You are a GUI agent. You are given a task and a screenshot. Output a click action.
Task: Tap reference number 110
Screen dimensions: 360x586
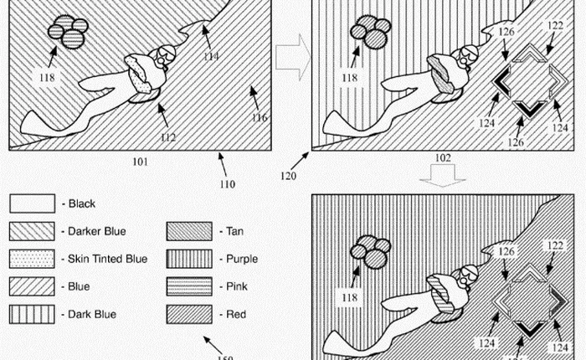(227, 184)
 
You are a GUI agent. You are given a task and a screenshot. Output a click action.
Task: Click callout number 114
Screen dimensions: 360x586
(212, 56)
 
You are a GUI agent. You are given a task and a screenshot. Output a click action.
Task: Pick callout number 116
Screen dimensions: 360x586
(260, 118)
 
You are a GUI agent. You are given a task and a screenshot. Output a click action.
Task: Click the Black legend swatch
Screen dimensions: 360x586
(31, 203)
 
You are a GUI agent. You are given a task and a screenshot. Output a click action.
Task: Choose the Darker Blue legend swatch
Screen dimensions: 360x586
(31, 231)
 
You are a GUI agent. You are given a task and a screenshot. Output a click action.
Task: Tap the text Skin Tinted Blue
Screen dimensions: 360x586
(107, 259)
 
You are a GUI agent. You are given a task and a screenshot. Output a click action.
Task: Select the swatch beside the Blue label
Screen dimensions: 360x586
(31, 286)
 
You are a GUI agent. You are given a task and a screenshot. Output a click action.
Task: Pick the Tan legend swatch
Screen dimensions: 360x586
(190, 231)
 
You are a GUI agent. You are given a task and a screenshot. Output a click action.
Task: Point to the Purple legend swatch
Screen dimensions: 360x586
(190, 259)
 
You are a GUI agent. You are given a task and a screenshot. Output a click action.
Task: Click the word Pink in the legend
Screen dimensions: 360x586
(239, 286)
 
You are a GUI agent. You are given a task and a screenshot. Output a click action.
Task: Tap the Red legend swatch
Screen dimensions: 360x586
(190, 314)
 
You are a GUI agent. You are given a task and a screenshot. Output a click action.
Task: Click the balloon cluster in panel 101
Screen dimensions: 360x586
(67, 31)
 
